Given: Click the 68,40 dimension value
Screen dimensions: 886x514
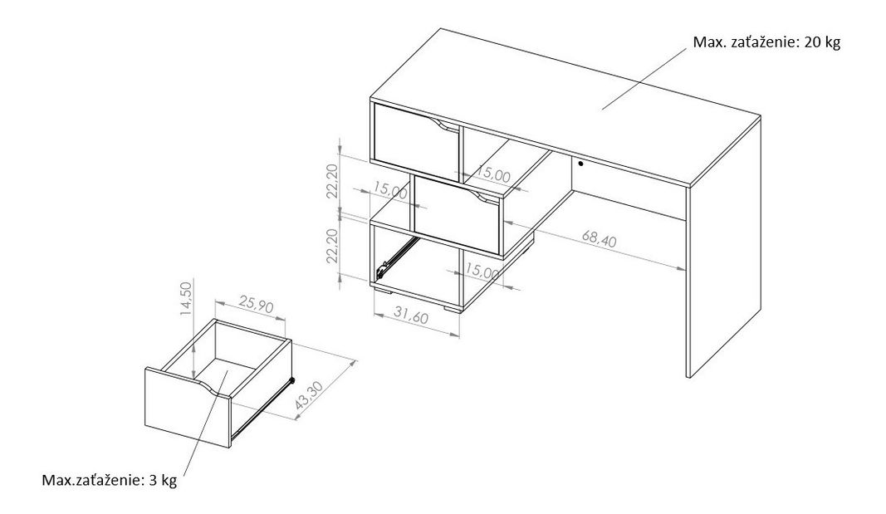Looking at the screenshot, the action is pyautogui.click(x=599, y=239).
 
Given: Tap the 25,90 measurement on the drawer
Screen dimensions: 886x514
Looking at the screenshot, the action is pyautogui.click(x=256, y=306).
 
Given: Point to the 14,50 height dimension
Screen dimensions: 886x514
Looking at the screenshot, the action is pyautogui.click(x=187, y=300).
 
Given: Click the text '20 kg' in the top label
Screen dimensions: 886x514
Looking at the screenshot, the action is pyautogui.click(x=822, y=42).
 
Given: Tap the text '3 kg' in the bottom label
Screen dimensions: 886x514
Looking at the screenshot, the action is pyautogui.click(x=163, y=481).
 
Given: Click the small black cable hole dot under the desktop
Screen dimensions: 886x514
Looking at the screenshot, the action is pyautogui.click(x=580, y=164).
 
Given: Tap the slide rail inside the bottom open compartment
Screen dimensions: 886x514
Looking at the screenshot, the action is pyautogui.click(x=397, y=257).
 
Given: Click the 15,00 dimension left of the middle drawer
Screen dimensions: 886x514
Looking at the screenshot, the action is pyautogui.click(x=390, y=190).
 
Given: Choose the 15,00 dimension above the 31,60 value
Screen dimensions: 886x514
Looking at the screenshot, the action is pyautogui.click(x=483, y=272).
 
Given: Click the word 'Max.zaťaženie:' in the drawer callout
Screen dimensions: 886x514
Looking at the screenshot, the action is pyautogui.click(x=93, y=481).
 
